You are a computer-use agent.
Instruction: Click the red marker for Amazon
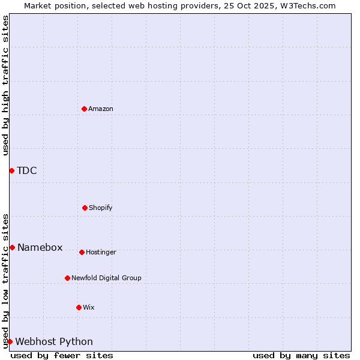click(84, 109)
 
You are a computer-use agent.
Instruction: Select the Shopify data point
click(85, 208)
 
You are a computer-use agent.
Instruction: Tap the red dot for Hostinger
click(82, 252)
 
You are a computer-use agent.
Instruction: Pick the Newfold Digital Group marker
click(67, 278)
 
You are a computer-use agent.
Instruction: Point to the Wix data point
click(79, 307)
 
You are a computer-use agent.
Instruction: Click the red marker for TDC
click(11, 170)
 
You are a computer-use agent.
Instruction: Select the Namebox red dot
click(12, 247)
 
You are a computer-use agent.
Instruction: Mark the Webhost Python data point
click(10, 341)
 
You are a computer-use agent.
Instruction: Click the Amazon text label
click(101, 109)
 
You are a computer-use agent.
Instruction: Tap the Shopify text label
click(101, 208)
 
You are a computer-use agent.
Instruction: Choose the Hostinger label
click(101, 252)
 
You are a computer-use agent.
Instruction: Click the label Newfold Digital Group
click(106, 278)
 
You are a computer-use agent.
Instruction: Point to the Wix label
click(89, 307)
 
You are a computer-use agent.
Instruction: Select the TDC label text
click(27, 170)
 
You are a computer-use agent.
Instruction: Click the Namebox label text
click(40, 247)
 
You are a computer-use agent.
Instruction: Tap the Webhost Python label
click(54, 341)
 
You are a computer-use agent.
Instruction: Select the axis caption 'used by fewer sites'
click(62, 355)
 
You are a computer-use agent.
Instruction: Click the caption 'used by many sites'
click(301, 355)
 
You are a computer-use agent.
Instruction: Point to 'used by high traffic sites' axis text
click(5, 85)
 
